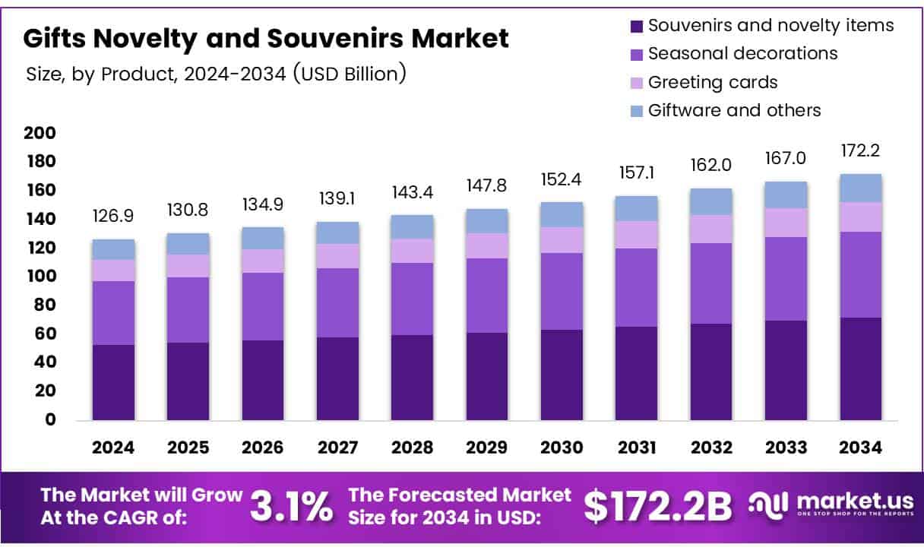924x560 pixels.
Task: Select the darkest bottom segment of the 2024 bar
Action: click(113, 382)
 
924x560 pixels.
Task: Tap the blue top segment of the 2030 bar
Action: click(562, 214)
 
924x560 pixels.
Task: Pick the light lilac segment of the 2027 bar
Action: click(337, 256)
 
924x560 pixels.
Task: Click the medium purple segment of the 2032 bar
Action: click(711, 283)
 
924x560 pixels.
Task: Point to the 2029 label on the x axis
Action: click(487, 448)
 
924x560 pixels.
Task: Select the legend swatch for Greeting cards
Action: click(636, 83)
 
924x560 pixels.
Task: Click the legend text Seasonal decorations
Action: click(742, 54)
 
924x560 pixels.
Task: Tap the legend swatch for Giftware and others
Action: click(636, 111)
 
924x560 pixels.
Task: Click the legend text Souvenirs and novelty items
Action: click(771, 26)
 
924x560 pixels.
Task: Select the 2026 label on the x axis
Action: click(263, 448)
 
